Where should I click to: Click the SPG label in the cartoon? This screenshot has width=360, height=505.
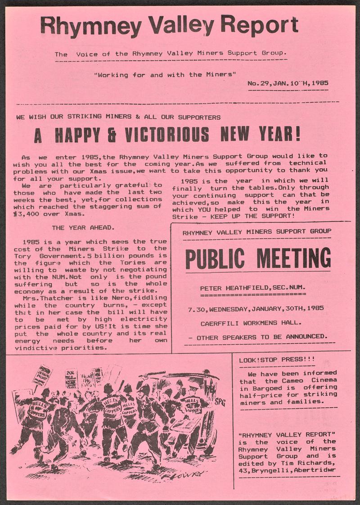pos(220,401)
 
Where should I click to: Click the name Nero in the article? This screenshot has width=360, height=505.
pos(102,298)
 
